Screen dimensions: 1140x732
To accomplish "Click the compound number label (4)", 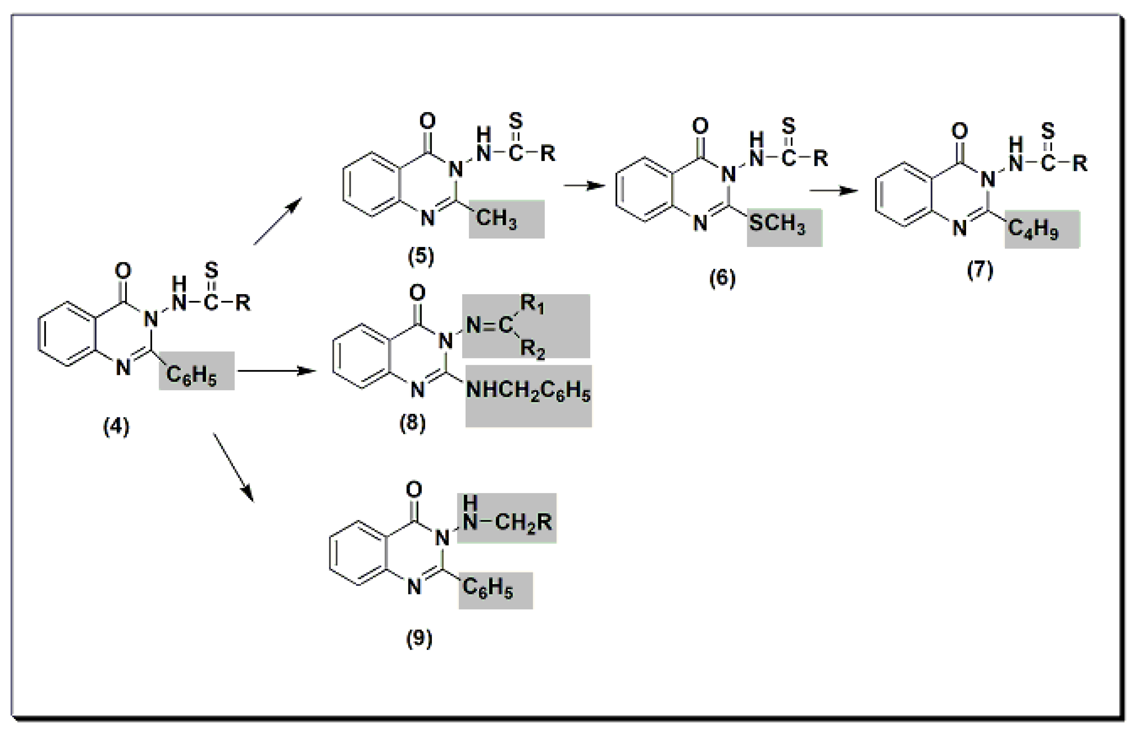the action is pos(116,427).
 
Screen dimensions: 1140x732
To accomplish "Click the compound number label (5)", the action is pos(421,257).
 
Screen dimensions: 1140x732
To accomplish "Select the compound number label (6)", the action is pos(722,278).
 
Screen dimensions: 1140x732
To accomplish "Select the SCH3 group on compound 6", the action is pos(777,223).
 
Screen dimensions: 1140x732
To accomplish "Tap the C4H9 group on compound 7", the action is pos(1033,229).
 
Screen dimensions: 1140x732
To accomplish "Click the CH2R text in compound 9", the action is pos(523,522).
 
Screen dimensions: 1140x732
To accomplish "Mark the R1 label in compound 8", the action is pos(532,304).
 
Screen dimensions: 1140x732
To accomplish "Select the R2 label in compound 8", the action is pos(532,349).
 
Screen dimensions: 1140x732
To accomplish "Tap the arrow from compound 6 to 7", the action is pos(834,190).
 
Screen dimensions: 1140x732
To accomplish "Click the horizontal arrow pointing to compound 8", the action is pos(277,370).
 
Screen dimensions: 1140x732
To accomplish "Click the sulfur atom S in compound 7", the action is pos(1048,130).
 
